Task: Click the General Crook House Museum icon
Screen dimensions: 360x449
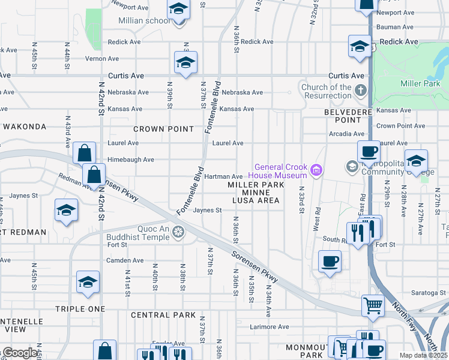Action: point(316,172)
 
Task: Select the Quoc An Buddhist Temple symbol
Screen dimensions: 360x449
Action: point(178,232)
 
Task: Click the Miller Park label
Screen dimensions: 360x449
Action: point(420,83)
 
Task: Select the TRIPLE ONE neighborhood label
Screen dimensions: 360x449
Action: point(80,308)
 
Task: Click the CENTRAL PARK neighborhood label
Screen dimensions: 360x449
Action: point(163,315)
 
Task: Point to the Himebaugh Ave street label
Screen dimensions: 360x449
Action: point(131,160)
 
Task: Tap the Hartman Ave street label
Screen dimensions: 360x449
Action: point(223,176)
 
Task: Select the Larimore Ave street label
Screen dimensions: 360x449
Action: point(270,327)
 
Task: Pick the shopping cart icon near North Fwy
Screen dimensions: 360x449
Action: point(373,305)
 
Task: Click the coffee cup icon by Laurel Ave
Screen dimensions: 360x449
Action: point(369,151)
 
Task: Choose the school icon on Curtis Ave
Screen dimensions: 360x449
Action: point(186,62)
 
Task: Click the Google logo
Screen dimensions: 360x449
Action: point(19,353)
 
